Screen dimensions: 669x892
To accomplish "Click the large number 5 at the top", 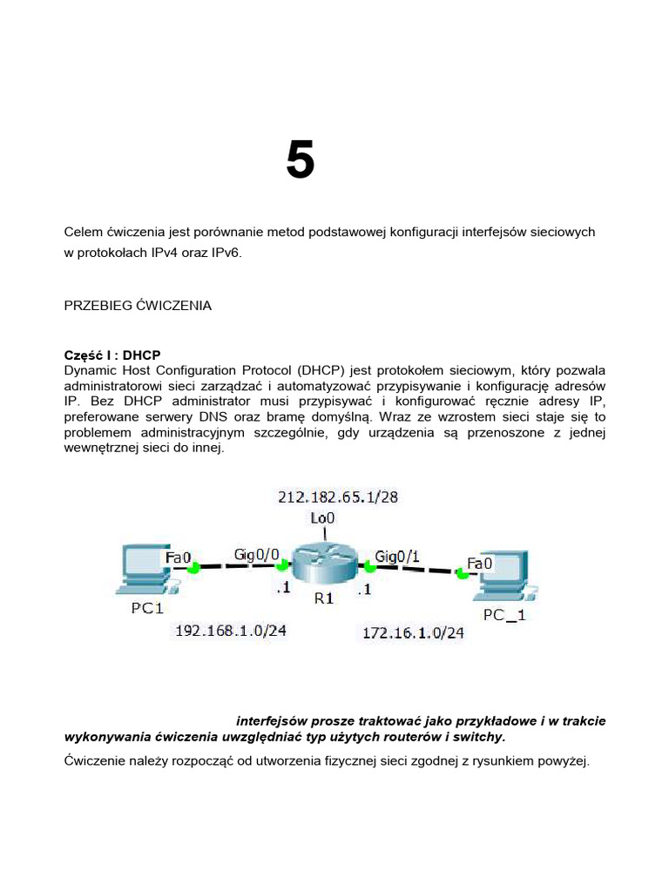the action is pyautogui.click(x=300, y=161).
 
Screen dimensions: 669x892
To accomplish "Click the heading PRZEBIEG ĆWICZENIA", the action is pyautogui.click(x=138, y=306).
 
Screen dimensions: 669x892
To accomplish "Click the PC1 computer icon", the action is pyautogui.click(x=145, y=567).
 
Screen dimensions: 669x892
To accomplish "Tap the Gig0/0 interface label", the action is pyautogui.click(x=256, y=554).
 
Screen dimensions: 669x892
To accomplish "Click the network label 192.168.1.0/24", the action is pyautogui.click(x=231, y=631).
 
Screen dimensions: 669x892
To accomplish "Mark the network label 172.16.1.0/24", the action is pyautogui.click(x=413, y=633).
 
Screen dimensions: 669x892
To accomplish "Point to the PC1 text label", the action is pyautogui.click(x=147, y=608).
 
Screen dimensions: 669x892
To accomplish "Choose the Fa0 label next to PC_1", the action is pyautogui.click(x=480, y=564).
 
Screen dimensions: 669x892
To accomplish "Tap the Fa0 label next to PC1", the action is pyautogui.click(x=179, y=554).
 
